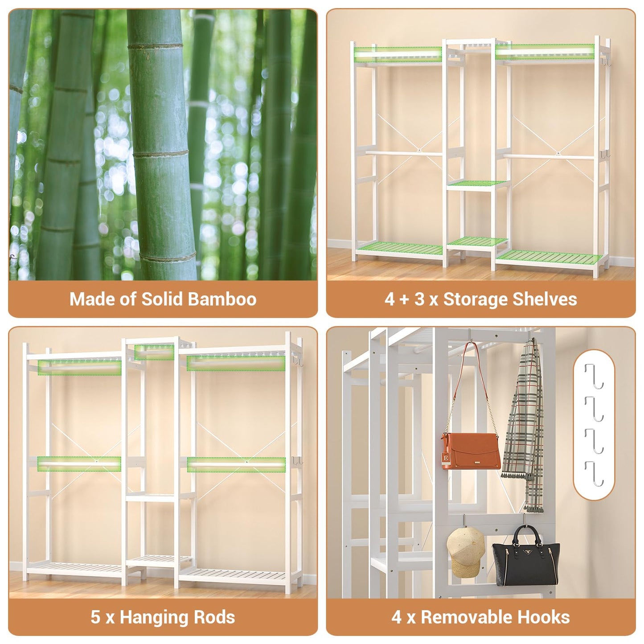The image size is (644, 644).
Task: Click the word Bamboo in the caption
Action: click(222, 299)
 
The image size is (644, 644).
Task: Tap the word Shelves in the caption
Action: click(543, 299)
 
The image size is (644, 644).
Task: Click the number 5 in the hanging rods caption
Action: click(95, 617)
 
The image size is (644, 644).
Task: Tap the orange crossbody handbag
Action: click(471, 451)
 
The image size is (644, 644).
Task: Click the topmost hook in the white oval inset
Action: click(594, 377)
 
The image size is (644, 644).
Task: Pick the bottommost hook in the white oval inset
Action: click(594, 474)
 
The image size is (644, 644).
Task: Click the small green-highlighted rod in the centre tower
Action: click(154, 352)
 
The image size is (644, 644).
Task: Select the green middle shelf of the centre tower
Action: click(478, 184)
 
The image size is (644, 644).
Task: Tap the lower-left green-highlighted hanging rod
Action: click(79, 464)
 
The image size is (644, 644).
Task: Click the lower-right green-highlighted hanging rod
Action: click(236, 464)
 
